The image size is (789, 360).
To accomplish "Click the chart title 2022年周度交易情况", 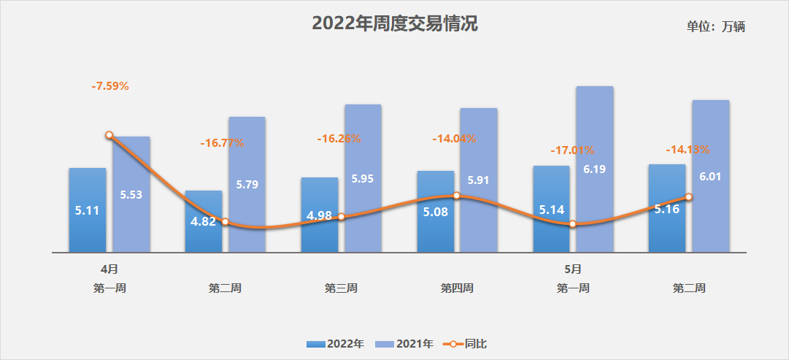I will pyautogui.click(x=395, y=24).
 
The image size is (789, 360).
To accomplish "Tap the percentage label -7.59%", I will pyautogui.click(x=110, y=86).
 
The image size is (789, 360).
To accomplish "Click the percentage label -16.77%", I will pyautogui.click(x=222, y=143).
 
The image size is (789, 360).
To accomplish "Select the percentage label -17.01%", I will pyautogui.click(x=572, y=150).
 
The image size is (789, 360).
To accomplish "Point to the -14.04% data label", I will pyautogui.click(x=454, y=138).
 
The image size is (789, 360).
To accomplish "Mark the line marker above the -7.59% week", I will pyautogui.click(x=109, y=135).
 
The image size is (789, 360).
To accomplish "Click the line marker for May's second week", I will pyautogui.click(x=688, y=197).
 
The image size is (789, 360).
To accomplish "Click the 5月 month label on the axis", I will pyautogui.click(x=573, y=269).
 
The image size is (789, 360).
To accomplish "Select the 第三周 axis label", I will pyautogui.click(x=341, y=288).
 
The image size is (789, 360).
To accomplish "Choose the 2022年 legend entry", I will pyautogui.click(x=336, y=343).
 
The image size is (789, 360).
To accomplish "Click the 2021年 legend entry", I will pyautogui.click(x=405, y=343).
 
